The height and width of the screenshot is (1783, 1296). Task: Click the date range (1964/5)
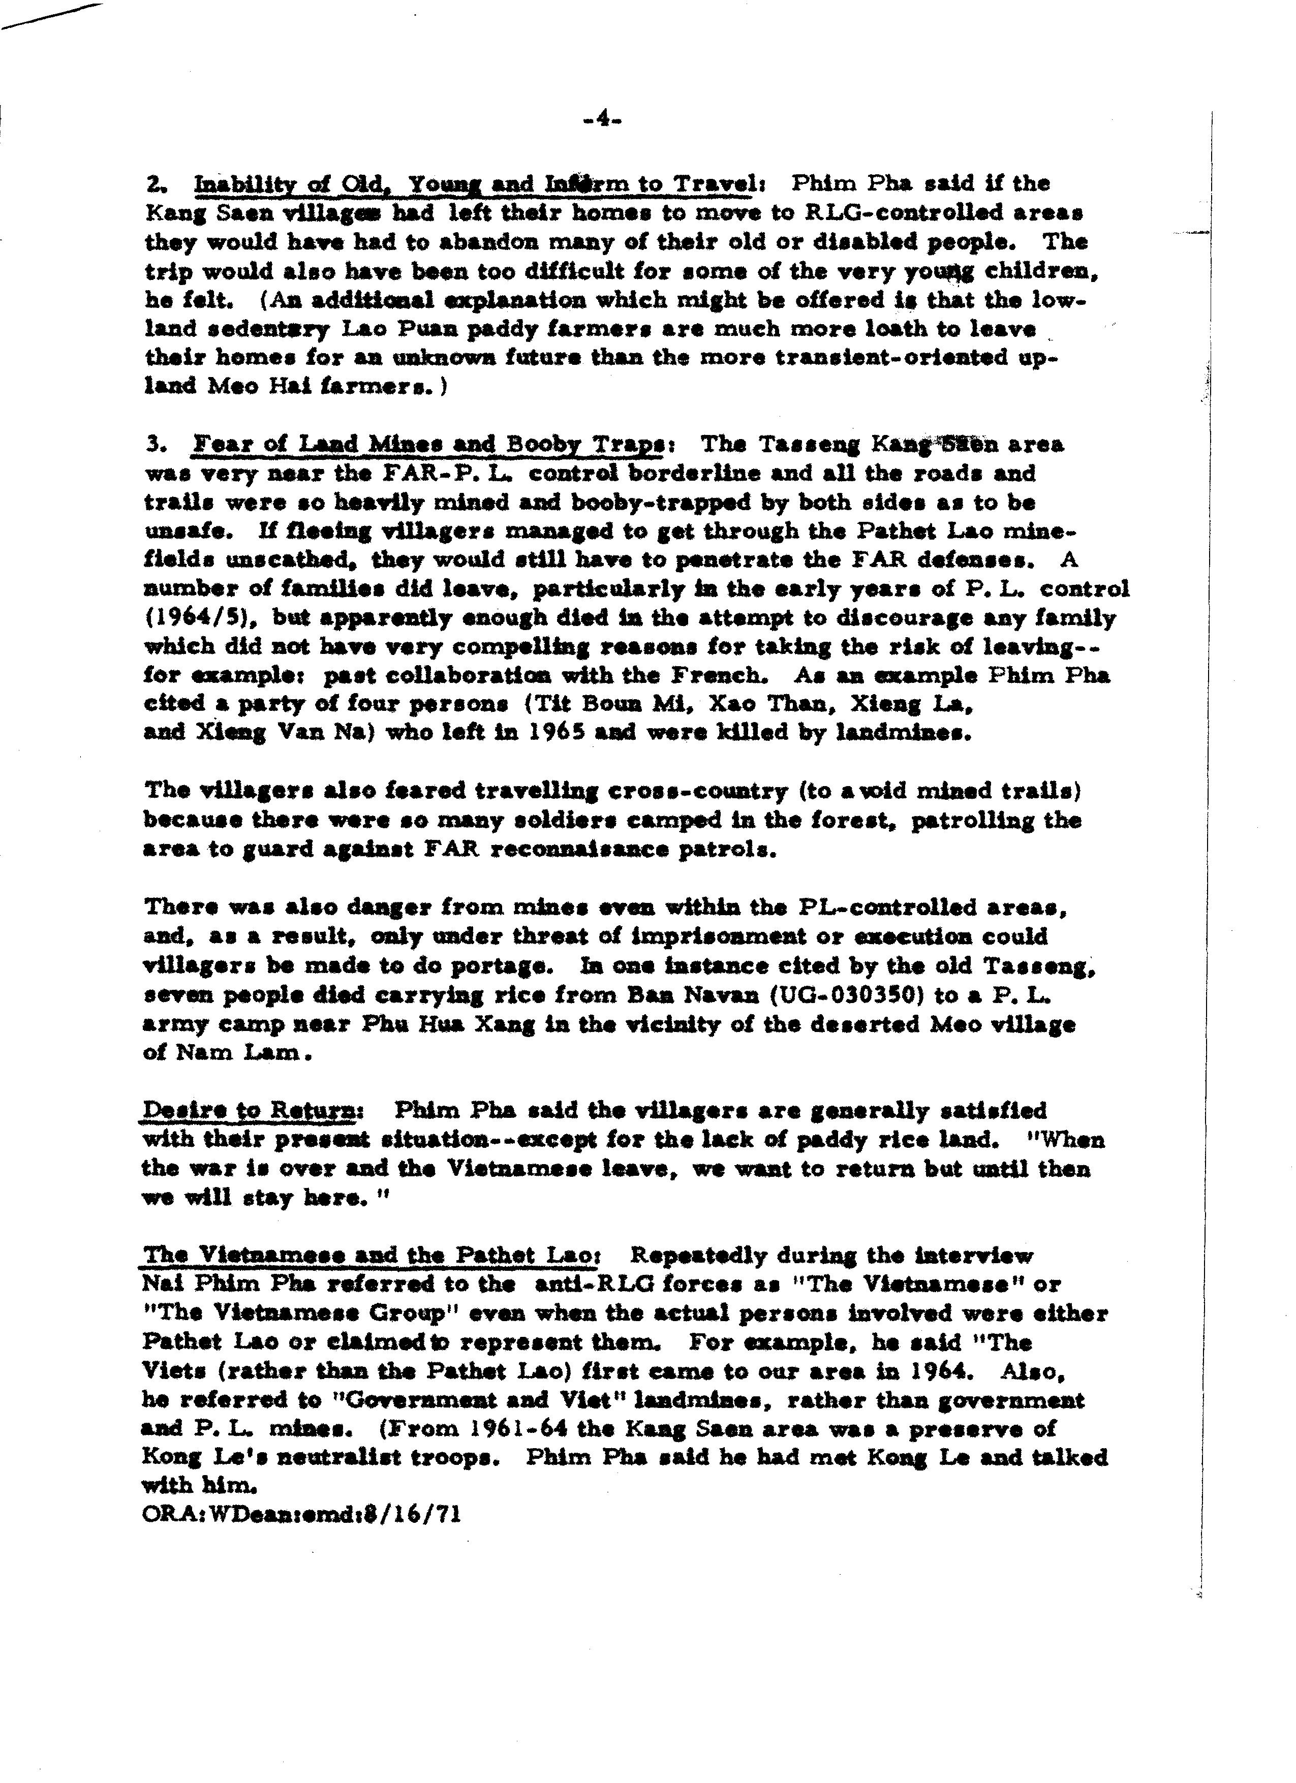(x=201, y=617)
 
